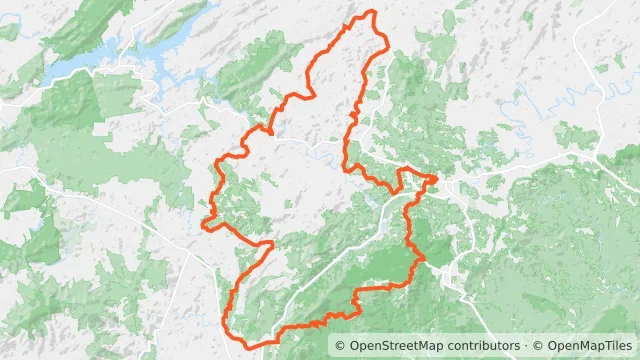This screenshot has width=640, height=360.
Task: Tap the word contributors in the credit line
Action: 481,346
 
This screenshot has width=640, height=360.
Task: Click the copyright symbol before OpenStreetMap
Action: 341,346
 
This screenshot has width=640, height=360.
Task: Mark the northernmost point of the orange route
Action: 373,11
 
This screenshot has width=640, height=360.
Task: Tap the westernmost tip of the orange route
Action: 204,225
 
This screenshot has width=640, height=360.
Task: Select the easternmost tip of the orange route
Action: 437,179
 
